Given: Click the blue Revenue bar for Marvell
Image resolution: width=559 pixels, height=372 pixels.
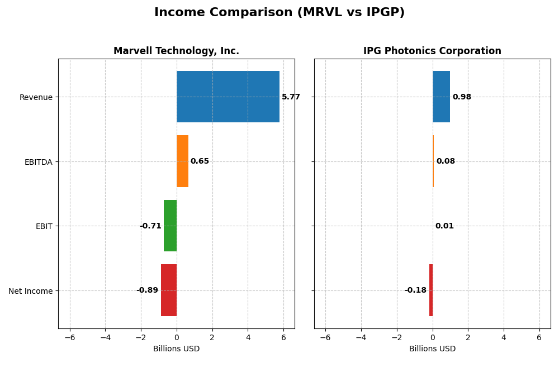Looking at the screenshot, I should [x=228, y=97].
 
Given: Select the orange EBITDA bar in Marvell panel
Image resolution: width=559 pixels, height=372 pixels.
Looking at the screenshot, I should [x=182, y=161].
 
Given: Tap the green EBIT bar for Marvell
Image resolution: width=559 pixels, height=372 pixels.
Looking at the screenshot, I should [x=170, y=226].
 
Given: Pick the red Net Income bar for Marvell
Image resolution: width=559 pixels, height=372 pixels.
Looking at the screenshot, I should [x=169, y=290].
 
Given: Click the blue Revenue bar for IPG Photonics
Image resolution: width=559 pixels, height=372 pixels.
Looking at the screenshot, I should [x=441, y=97].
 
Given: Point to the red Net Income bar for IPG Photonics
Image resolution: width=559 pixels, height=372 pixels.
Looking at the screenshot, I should [x=431, y=290].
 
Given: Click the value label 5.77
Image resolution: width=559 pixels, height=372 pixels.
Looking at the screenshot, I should [x=291, y=97].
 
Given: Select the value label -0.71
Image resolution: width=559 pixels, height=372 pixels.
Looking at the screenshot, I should [x=150, y=226].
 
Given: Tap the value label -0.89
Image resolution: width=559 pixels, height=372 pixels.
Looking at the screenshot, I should [x=147, y=290].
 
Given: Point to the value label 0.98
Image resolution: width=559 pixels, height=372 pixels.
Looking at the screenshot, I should [x=462, y=97].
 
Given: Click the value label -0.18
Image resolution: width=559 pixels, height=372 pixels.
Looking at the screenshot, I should [x=415, y=290].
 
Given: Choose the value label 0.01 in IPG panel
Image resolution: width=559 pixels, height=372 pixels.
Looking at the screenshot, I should [x=444, y=226].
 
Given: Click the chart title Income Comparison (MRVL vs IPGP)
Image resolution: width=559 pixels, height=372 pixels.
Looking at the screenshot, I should [x=279, y=12].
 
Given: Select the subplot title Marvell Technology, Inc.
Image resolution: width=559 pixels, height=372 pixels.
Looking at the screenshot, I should [x=176, y=51].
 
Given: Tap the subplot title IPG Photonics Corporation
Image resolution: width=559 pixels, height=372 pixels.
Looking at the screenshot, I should [x=432, y=51].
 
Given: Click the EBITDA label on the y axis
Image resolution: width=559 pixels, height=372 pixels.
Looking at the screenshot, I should [x=38, y=162].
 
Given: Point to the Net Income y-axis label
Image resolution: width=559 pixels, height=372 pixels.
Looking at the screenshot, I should [x=30, y=291].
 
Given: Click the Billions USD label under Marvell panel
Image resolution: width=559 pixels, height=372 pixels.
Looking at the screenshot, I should [x=176, y=349].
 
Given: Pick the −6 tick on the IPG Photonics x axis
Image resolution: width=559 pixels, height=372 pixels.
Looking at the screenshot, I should [x=325, y=337].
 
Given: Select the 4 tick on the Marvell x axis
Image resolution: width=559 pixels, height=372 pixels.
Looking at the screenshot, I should [x=248, y=337].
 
